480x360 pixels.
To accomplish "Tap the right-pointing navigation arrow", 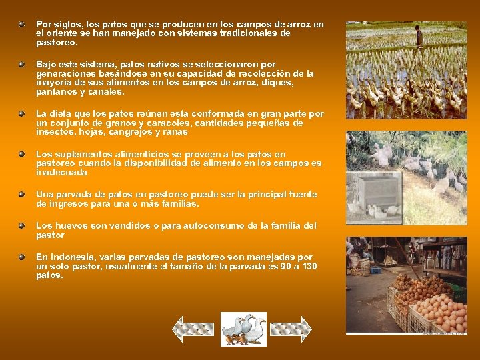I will pos(291,329).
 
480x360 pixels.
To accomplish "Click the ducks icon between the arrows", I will pos(243,329).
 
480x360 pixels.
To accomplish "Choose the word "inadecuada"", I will pos(61,172).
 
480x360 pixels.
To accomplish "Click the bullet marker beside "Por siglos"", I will pos(22,24).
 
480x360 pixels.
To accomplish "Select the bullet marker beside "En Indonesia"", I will pos(22,257).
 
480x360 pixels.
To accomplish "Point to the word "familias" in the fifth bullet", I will pos(179,203).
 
